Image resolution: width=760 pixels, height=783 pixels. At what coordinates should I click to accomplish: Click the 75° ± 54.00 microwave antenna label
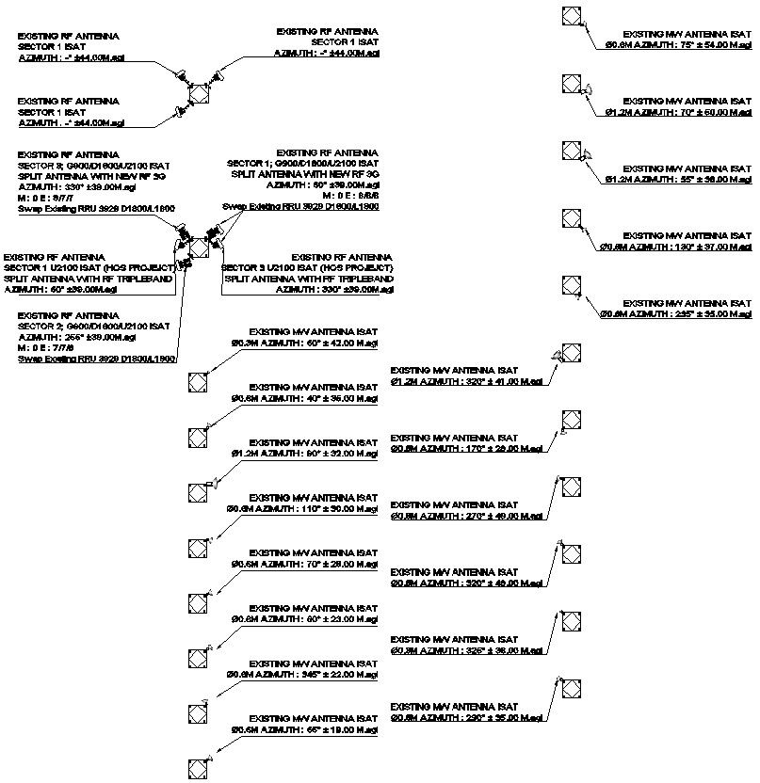point(678,44)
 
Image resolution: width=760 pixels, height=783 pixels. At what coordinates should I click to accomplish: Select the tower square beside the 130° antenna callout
point(571,219)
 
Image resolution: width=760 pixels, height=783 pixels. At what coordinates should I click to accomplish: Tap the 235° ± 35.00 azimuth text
point(676,313)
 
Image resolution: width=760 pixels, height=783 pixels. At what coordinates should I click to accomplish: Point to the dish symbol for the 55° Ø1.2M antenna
point(586,154)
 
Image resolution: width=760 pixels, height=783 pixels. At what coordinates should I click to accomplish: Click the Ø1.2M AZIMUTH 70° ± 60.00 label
point(678,111)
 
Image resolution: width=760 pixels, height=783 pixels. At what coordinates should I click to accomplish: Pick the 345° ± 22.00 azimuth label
point(302,674)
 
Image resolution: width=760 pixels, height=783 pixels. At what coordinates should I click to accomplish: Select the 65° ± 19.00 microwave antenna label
point(302,729)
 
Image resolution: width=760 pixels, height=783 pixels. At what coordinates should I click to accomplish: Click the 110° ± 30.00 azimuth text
point(302,508)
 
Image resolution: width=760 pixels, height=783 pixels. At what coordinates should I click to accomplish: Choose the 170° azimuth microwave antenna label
point(468,449)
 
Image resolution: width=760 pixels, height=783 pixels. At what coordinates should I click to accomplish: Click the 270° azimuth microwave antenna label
point(468,516)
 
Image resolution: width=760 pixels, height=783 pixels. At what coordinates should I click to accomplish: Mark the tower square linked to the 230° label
point(571,690)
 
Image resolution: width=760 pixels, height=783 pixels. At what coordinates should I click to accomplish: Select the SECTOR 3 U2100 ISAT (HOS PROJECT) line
point(307,268)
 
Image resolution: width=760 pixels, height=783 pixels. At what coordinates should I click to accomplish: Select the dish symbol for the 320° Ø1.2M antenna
point(558,355)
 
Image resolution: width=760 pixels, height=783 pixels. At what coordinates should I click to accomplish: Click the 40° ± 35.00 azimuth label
point(302,398)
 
